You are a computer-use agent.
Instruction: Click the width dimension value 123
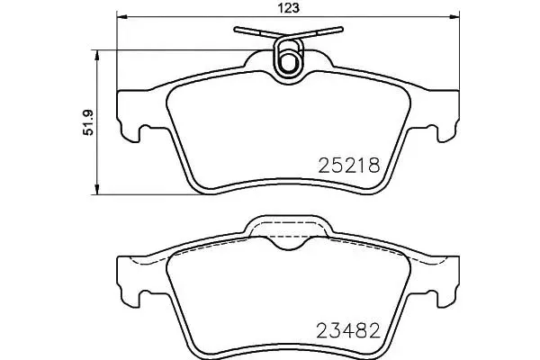pos(289,7)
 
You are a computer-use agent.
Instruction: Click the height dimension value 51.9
pos(88,122)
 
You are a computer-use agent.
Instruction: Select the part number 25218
pos(349,166)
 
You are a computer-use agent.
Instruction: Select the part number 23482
pos(348,330)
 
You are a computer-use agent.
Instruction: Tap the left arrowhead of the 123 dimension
pos(121,16)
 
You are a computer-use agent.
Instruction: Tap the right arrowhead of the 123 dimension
pos(454,16)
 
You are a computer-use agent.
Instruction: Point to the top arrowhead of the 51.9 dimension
pos(97,55)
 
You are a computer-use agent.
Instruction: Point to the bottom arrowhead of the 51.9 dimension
pos(97,189)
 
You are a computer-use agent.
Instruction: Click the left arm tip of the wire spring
pos(236,29)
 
